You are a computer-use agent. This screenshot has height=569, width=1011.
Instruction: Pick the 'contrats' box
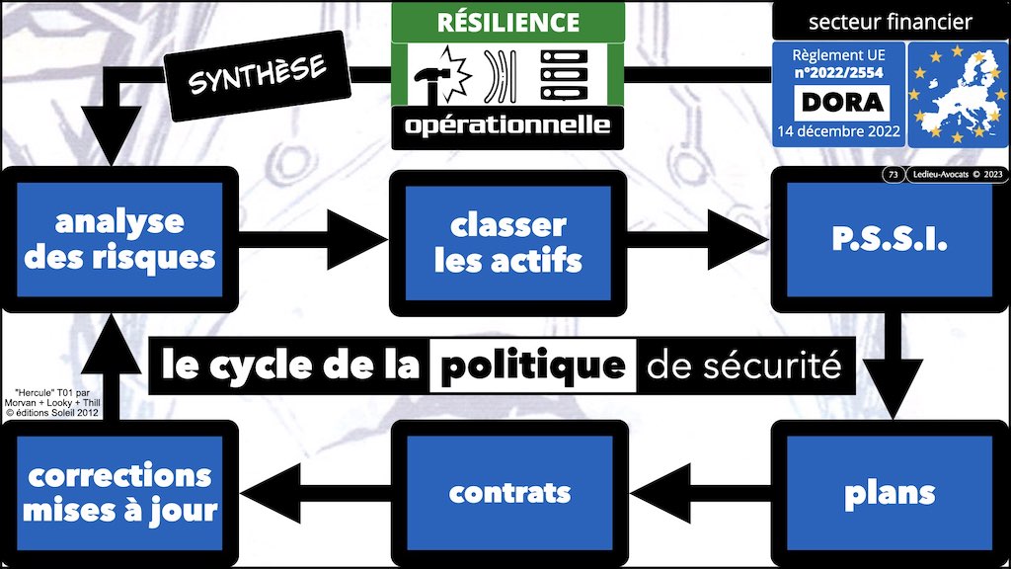(508, 490)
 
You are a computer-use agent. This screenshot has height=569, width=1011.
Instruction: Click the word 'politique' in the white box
(534, 366)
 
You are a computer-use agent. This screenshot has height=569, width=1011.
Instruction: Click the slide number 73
(894, 176)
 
